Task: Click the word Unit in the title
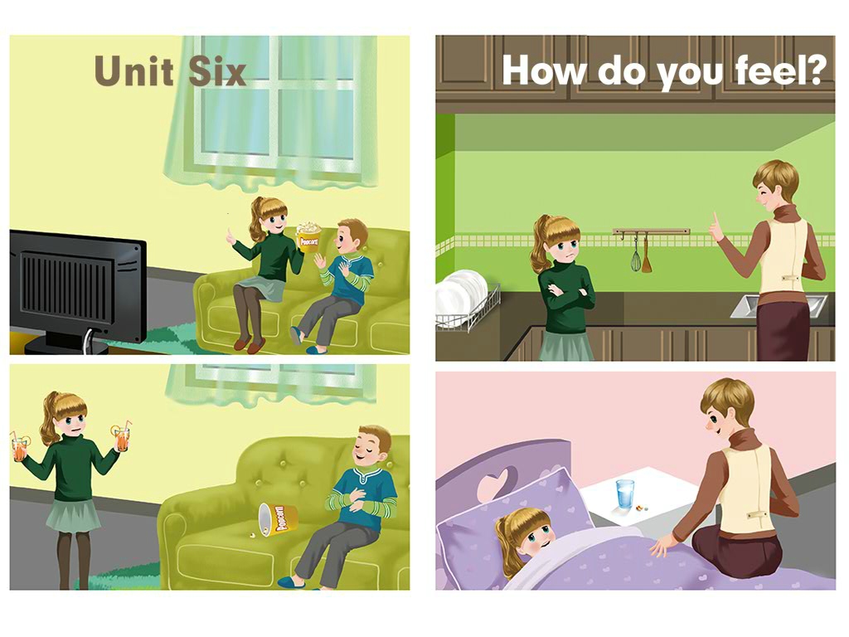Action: pos(133,71)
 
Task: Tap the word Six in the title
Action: pos(217,71)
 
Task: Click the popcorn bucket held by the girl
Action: pos(308,236)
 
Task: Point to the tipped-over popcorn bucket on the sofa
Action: pos(277,518)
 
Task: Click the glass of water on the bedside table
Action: pos(625,494)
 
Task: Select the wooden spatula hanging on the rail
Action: pos(647,254)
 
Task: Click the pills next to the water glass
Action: pos(642,508)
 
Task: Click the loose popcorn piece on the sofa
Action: pos(253,535)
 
